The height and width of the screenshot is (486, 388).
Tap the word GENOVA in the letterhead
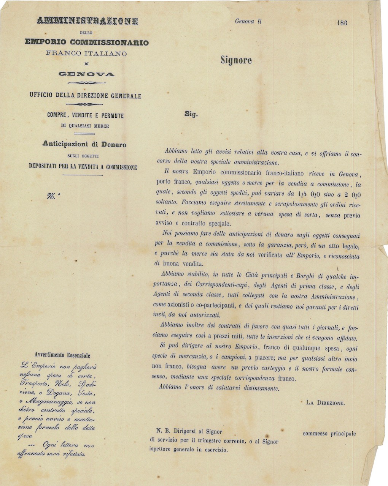pos(86,73)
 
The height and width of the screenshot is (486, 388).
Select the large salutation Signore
pos(236,60)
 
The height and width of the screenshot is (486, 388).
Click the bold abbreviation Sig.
pos(191,114)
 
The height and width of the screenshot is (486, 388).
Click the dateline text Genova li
pos(248,21)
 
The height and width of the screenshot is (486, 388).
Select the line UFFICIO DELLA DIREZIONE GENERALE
pos(85,96)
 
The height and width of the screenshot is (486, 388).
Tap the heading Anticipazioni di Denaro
pos(84,144)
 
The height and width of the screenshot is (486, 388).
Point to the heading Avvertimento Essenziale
pos(62,356)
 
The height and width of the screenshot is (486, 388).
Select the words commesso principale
pos(329,433)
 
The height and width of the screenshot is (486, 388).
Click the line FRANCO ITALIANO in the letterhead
pos(86,54)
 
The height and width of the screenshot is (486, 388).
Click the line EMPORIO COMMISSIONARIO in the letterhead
pos(87,42)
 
